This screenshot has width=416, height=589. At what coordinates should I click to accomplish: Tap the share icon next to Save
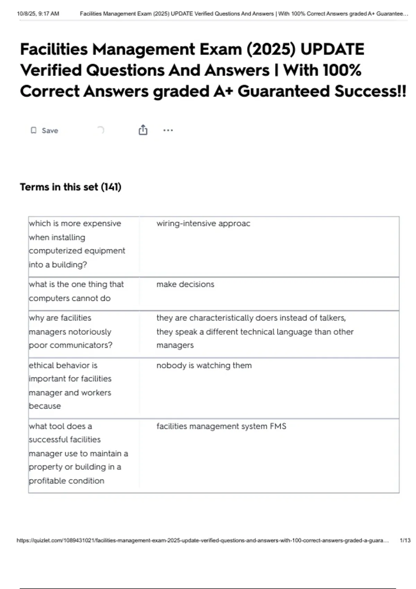[143, 130]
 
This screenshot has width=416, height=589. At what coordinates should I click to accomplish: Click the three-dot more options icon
[168, 130]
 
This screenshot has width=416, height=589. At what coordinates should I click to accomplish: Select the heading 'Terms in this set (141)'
[70, 187]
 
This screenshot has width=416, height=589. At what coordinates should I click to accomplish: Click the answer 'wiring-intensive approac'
[203, 223]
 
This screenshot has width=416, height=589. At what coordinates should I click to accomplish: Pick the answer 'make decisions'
[185, 284]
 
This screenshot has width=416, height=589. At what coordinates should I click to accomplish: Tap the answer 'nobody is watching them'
[204, 366]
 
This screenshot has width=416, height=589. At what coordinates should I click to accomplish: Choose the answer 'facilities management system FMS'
[221, 426]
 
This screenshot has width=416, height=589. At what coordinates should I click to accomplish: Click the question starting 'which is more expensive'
[77, 244]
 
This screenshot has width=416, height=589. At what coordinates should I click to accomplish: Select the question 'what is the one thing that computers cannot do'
[76, 291]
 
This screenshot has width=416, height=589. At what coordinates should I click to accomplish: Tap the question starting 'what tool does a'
[78, 453]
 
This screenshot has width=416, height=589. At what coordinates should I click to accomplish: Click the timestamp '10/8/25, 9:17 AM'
[38, 14]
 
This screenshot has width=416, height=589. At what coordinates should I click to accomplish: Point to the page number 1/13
[405, 540]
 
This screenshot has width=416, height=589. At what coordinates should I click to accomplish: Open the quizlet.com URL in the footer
[202, 540]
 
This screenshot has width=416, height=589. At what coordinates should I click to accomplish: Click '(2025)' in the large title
[271, 49]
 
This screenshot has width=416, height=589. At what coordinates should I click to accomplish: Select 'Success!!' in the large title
[370, 91]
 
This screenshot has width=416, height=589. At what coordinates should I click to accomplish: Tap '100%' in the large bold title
[342, 70]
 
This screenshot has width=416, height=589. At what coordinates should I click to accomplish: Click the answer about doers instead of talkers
[255, 332]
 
